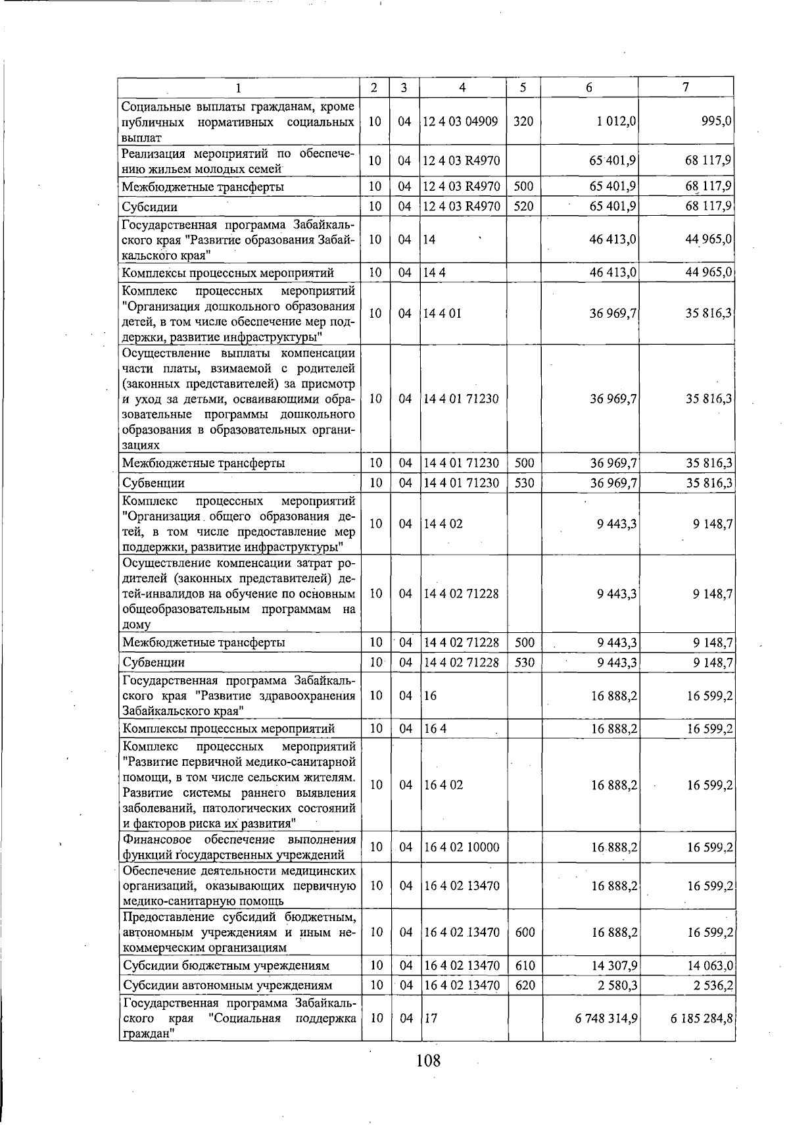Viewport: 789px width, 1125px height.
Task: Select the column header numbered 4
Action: pyautogui.click(x=463, y=87)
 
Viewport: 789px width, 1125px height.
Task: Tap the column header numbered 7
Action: pyautogui.click(x=686, y=87)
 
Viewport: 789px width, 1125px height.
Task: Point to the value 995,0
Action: pyautogui.click(x=717, y=122)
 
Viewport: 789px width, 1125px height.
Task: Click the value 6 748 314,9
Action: pyautogui.click(x=606, y=1018)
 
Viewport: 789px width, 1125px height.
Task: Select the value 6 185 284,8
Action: pyautogui.click(x=702, y=1018)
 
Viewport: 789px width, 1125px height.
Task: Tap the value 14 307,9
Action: pyautogui.click(x=614, y=966)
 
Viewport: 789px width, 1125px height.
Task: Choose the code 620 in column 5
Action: pyautogui.click(x=523, y=986)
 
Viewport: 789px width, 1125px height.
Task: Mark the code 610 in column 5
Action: pyautogui.click(x=523, y=966)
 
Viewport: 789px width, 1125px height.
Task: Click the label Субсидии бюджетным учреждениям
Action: pyautogui.click(x=226, y=966)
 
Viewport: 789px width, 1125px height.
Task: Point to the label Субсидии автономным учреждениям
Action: pyautogui.click(x=227, y=986)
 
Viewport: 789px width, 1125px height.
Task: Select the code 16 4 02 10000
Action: pyautogui.click(x=462, y=847)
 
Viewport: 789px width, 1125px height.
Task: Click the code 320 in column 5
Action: pyautogui.click(x=523, y=122)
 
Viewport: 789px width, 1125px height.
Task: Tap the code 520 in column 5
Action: pyautogui.click(x=523, y=207)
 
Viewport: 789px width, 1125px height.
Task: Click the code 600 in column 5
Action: pyautogui.click(x=523, y=932)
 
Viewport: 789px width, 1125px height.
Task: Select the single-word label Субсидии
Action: pyautogui.click(x=150, y=207)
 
